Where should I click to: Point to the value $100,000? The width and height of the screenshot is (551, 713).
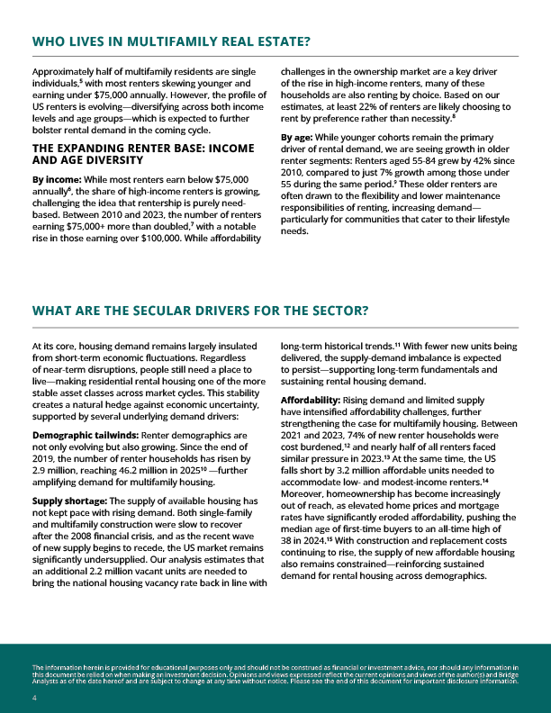point(180,239)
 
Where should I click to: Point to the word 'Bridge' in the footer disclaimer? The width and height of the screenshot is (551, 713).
point(505,674)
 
